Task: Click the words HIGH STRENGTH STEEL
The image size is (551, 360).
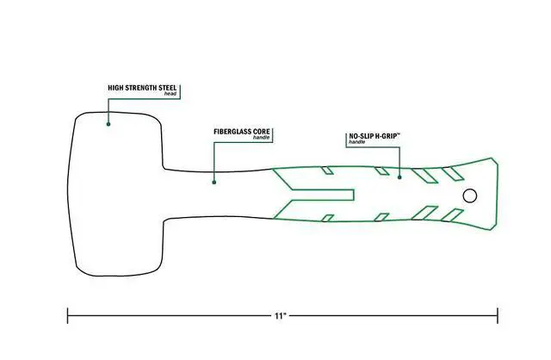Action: point(142,88)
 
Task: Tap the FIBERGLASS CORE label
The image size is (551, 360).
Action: point(242,132)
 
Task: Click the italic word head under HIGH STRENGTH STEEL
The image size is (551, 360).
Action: point(170,94)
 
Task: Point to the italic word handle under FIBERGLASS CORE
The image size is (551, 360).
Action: point(262,138)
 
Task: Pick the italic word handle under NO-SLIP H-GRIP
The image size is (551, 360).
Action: point(357,142)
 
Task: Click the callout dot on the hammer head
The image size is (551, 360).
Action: point(108,124)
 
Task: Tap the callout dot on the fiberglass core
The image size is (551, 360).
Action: point(214,182)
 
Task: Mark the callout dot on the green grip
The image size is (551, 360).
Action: point(399,177)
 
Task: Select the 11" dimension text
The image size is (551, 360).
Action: point(280,316)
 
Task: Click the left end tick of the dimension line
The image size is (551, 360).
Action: point(67,315)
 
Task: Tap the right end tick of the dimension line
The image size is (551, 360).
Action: point(498,315)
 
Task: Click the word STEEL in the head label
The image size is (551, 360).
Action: point(168,88)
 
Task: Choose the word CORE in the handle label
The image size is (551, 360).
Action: point(262,132)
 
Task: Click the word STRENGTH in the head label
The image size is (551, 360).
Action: point(141,88)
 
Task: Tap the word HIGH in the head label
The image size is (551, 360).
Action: point(115,88)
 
